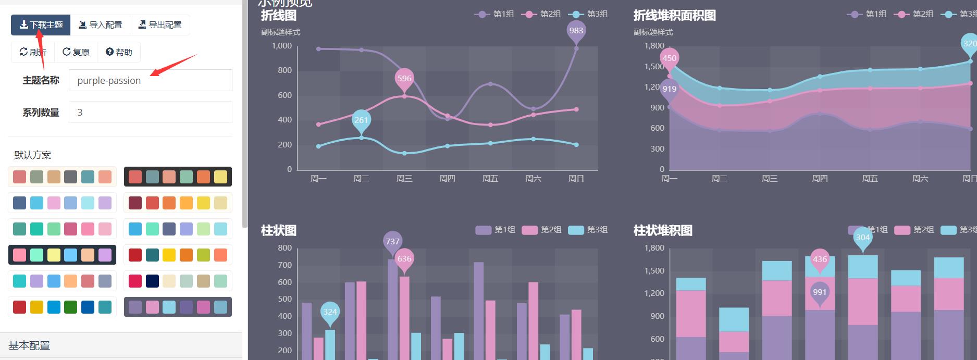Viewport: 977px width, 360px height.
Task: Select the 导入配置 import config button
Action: [x=100, y=25]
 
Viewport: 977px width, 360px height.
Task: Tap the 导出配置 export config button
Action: [x=160, y=25]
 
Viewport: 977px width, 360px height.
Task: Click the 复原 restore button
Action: [x=76, y=52]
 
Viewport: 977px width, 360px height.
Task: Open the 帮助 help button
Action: [x=119, y=52]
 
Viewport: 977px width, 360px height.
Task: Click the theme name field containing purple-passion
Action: [x=150, y=80]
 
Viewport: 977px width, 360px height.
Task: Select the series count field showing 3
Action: [x=150, y=112]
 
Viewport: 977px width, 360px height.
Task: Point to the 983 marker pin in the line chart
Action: [x=576, y=31]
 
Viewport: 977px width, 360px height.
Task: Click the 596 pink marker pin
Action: [x=404, y=79]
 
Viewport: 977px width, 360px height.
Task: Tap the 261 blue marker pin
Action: [x=361, y=120]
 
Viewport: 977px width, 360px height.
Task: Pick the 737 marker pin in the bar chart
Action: [x=392, y=241]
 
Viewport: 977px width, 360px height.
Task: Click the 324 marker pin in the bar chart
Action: [x=330, y=312]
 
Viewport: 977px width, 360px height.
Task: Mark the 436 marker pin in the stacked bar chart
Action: [x=820, y=259]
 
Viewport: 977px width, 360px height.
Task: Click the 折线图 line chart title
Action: [x=279, y=16]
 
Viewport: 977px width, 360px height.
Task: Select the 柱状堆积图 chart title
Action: [x=663, y=230]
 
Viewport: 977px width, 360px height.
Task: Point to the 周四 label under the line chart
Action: [x=447, y=179]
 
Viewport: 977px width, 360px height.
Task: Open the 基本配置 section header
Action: [x=29, y=345]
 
